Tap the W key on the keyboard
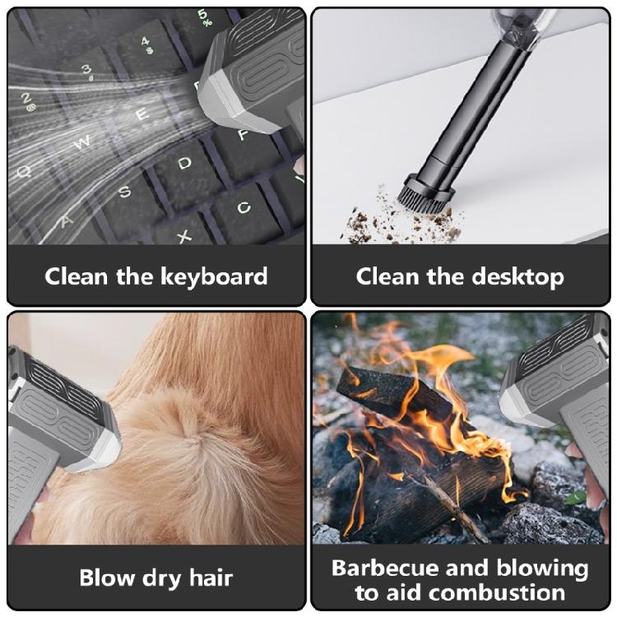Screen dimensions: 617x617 click(x=83, y=142)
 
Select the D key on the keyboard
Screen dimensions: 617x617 click(x=186, y=163)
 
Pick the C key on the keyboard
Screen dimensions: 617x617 click(x=244, y=207)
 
